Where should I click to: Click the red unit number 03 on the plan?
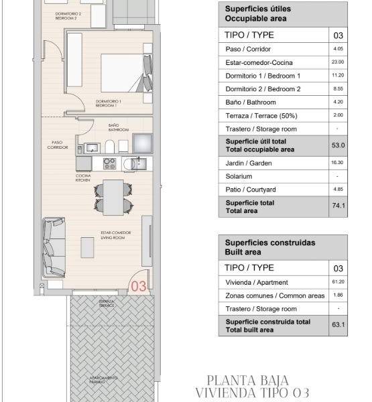pos(139,286)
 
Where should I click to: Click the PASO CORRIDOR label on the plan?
pos(57,145)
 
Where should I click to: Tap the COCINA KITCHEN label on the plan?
pos(83,178)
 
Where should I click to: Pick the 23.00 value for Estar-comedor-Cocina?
pos(338,62)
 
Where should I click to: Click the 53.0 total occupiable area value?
pos(338,145)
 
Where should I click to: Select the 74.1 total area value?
pos(338,206)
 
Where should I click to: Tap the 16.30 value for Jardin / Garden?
pos(338,162)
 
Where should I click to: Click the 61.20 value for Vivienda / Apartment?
pos(338,283)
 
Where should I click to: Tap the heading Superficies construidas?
pos(269,243)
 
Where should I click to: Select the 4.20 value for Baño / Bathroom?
pos(338,103)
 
